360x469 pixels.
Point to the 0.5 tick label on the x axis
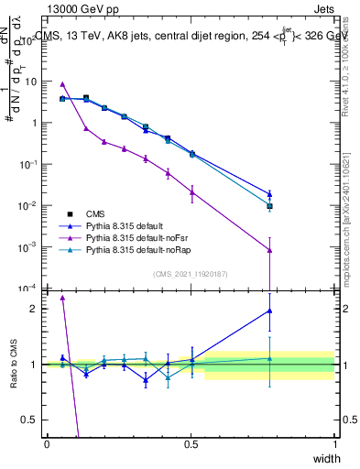coord(191,443)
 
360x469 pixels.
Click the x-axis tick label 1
coord(335,443)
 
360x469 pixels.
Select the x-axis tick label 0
coord(47,443)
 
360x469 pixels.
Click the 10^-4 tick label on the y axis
coord(27,289)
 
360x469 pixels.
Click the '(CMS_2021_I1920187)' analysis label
coord(190,273)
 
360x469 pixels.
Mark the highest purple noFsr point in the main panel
coord(62,84)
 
